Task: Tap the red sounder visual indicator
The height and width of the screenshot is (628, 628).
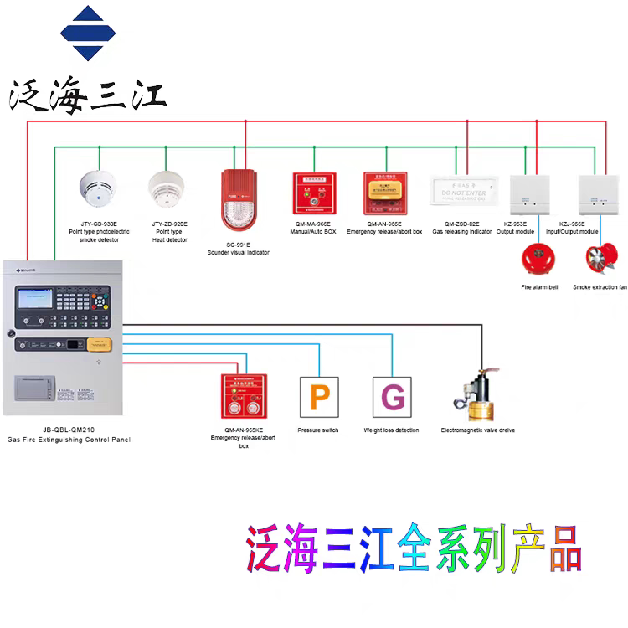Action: (x=236, y=202)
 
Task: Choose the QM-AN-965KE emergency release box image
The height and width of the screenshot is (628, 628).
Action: (x=243, y=396)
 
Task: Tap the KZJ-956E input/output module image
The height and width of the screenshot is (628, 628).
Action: (x=595, y=193)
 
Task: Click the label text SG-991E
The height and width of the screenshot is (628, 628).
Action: (x=238, y=244)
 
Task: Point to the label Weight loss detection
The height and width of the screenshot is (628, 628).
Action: (x=391, y=430)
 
